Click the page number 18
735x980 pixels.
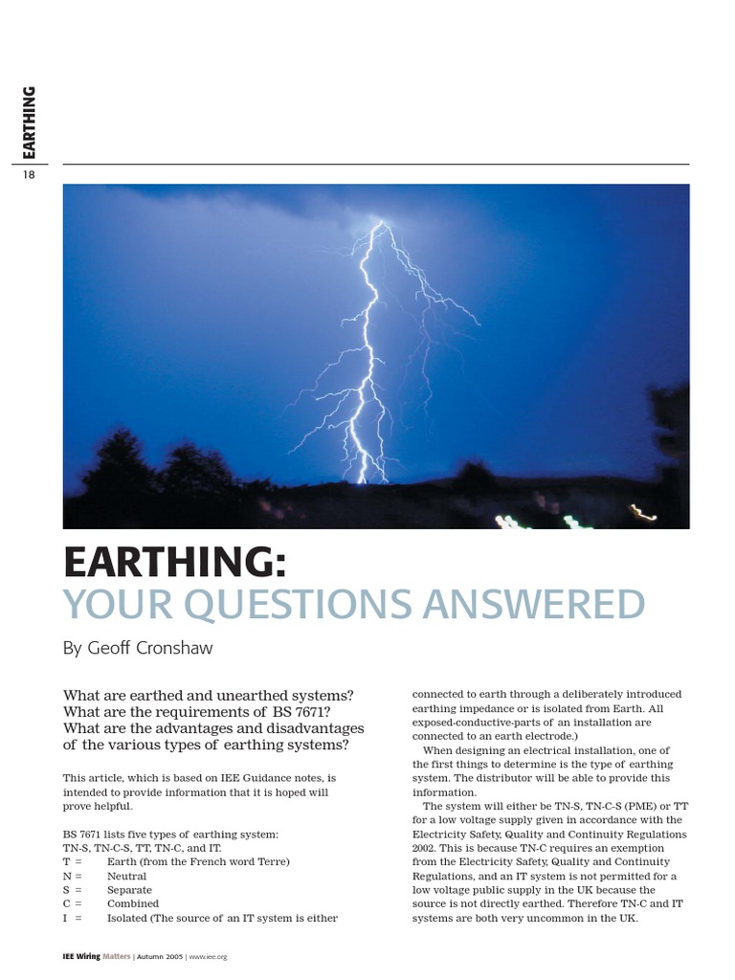(x=29, y=174)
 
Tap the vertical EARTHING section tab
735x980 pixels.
(x=29, y=123)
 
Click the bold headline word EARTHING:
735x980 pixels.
(x=175, y=563)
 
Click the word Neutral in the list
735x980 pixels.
(x=127, y=876)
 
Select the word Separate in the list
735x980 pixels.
(x=129, y=890)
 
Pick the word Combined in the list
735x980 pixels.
(x=133, y=903)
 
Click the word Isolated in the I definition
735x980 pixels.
(x=130, y=918)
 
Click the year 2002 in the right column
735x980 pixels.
(x=425, y=848)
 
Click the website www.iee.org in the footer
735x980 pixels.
(x=208, y=956)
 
